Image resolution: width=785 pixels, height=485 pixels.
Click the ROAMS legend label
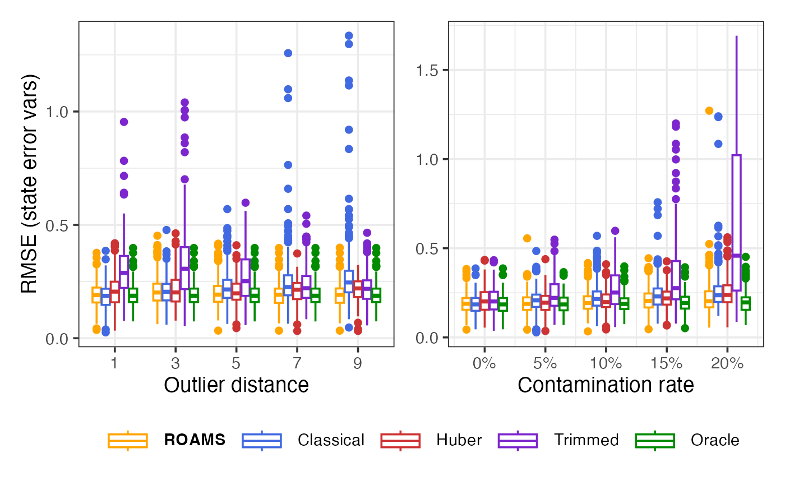click(x=195, y=440)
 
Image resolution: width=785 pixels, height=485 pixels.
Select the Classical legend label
click(x=331, y=440)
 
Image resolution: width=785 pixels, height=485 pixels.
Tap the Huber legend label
click(x=459, y=440)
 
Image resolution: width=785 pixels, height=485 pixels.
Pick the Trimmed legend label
click(x=586, y=440)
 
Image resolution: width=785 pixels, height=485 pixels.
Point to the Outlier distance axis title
click(x=236, y=385)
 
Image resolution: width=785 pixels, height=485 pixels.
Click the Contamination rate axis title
click(x=606, y=385)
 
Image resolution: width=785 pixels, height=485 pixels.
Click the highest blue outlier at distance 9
click(x=348, y=36)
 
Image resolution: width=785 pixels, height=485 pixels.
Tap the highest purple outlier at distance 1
click(x=124, y=122)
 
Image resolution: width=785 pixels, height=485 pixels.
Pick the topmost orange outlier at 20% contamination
click(x=709, y=111)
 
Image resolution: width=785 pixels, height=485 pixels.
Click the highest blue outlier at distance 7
click(x=288, y=53)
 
